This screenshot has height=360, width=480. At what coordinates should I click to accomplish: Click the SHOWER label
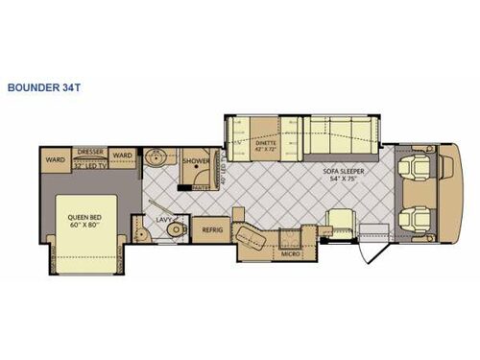[x=197, y=162]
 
